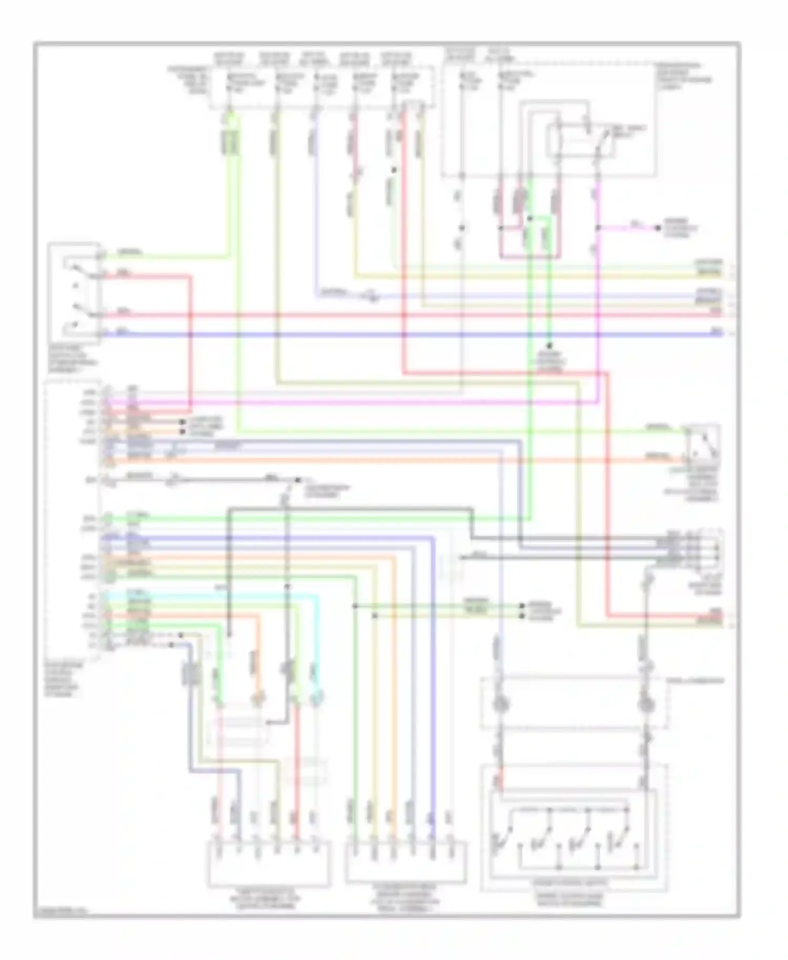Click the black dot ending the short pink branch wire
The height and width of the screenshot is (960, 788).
[657, 228]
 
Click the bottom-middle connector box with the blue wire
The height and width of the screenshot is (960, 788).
[406, 861]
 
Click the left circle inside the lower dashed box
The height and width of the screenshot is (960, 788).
[499, 704]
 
